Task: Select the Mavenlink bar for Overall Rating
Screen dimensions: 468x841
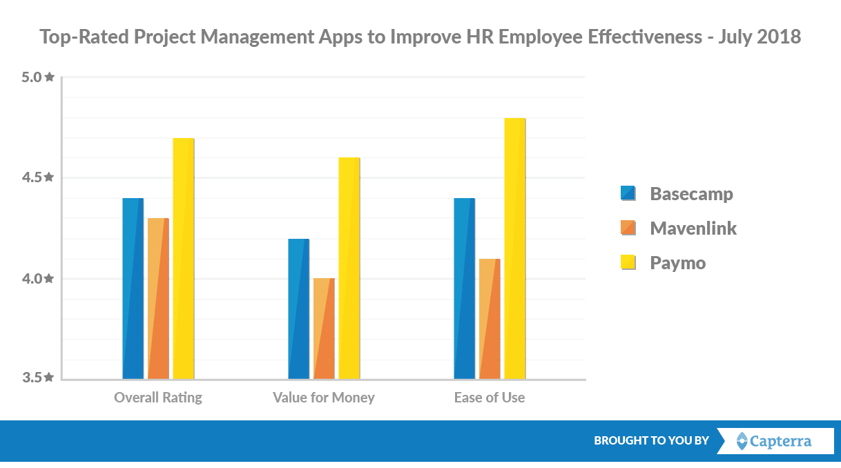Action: point(158,298)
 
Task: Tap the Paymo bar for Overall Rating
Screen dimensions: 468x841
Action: point(183,258)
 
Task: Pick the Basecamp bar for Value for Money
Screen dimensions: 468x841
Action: point(299,309)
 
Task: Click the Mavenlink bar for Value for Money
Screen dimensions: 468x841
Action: point(324,329)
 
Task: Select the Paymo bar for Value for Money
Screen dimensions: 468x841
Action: point(349,269)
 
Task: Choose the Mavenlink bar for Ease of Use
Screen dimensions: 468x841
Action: point(490,319)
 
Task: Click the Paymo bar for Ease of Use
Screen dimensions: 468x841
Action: point(514,248)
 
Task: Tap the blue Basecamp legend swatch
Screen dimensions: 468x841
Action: point(628,193)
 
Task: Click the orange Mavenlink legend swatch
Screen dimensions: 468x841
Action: point(628,228)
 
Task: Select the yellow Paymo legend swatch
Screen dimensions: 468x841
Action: point(628,262)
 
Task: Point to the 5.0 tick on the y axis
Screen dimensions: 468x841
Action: point(38,77)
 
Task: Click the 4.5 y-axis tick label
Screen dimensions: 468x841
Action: point(38,177)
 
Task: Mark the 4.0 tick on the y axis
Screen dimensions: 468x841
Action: point(38,278)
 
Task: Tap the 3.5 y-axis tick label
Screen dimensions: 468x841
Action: point(38,378)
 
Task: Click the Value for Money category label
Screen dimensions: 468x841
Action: point(324,398)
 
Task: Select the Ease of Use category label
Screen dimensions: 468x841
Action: point(490,398)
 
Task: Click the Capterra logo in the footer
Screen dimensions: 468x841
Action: point(775,440)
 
